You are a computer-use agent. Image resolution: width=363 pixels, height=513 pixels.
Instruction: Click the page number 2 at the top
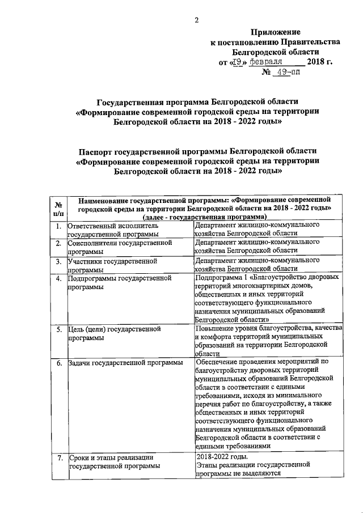tap(196, 20)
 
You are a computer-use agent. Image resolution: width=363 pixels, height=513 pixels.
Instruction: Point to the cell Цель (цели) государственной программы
tap(114, 333)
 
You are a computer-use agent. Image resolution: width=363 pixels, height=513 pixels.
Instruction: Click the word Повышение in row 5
tap(217, 328)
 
